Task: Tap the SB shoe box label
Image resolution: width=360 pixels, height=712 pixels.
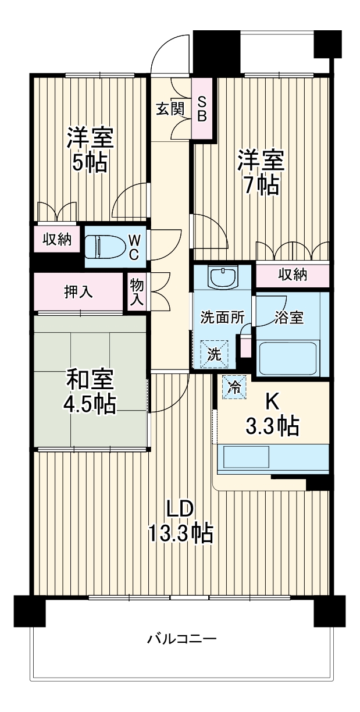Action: [202, 109]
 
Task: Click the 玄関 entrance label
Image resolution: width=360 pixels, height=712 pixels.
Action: [169, 109]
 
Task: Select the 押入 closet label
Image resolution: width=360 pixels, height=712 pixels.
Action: [79, 293]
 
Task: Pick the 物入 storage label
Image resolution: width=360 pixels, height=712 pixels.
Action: [137, 292]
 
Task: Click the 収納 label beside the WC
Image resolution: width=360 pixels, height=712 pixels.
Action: [56, 240]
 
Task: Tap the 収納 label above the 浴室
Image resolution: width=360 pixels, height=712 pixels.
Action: [292, 275]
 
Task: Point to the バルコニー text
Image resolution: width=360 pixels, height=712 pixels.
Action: [181, 639]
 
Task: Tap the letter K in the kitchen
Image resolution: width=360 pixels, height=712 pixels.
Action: [272, 401]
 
